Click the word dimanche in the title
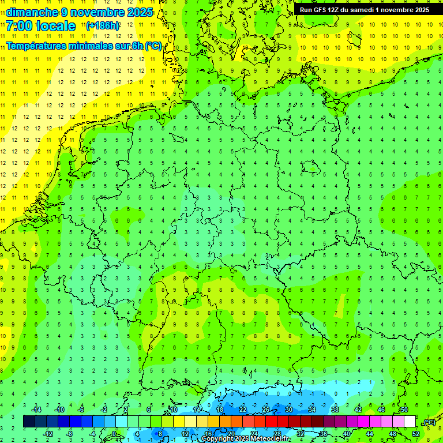coord(32,12)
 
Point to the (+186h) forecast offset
coord(103,26)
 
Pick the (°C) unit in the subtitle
coord(153,46)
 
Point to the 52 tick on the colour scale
coord(416,434)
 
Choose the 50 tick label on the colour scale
coord(404,410)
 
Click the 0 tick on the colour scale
coord(114,434)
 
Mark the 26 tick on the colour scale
coord(265,410)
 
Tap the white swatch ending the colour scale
coord(410,422)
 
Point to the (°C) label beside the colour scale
coord(429,422)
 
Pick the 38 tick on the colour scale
coord(335,410)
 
